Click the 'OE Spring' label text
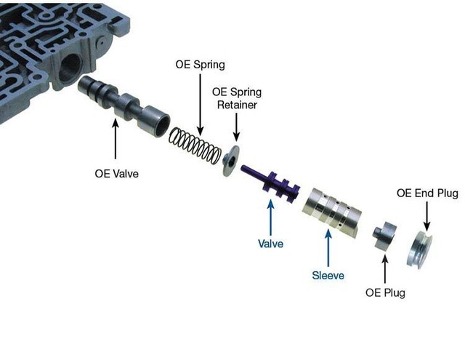pyautogui.click(x=201, y=65)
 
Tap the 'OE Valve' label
pyautogui.click(x=116, y=173)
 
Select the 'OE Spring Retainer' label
pyautogui.click(x=237, y=98)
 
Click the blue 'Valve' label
pyautogui.click(x=270, y=244)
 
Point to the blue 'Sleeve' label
pyautogui.click(x=328, y=276)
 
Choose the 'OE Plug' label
pyautogui.click(x=385, y=292)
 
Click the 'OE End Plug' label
pyautogui.click(x=427, y=193)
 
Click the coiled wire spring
pyautogui.click(x=195, y=145)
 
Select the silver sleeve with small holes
pyautogui.click(x=331, y=210)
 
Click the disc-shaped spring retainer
pyautogui.click(x=231, y=161)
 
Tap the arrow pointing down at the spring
pyautogui.click(x=201, y=105)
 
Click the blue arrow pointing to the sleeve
pyautogui.click(x=328, y=248)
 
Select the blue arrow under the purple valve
pyautogui.click(x=270, y=217)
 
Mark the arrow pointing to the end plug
pyautogui.click(x=426, y=216)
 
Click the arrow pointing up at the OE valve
pyautogui.click(x=116, y=139)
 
